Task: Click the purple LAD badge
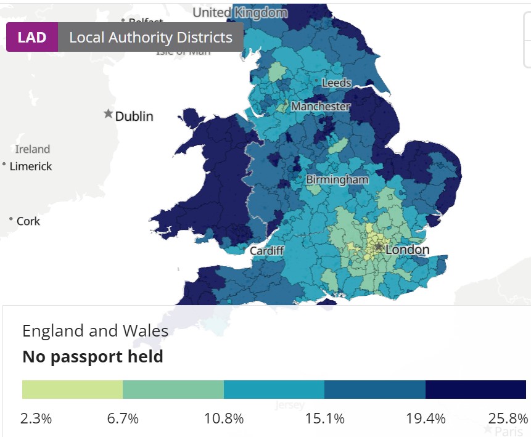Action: coord(32,37)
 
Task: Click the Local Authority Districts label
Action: coord(150,37)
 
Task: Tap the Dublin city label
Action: coord(134,116)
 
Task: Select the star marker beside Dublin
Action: coord(109,114)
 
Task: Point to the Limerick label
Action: coord(31,166)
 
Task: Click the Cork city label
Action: coord(28,221)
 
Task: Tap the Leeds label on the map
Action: coord(336,83)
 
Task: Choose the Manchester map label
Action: coord(321,107)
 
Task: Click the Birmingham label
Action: coord(337,180)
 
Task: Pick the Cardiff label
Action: coord(266,251)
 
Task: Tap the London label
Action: coord(407,250)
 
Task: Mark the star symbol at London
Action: coord(378,247)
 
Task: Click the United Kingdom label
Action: coord(241,12)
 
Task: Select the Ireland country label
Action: coord(33,149)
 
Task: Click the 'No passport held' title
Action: coord(93,356)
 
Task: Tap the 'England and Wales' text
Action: coord(95,330)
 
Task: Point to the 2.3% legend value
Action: coord(36,419)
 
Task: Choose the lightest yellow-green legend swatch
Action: coord(72,390)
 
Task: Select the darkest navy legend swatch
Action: coord(475,390)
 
